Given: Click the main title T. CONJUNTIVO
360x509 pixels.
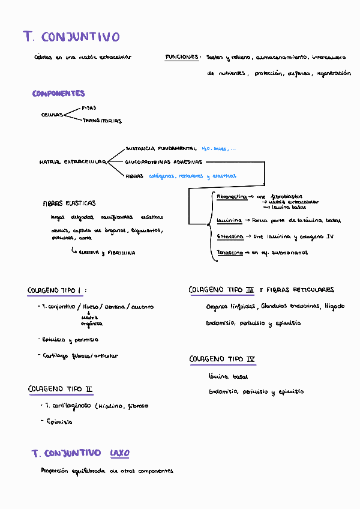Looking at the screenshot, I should pyautogui.click(x=71, y=37).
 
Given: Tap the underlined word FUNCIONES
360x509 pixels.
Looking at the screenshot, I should pyautogui.click(x=182, y=57).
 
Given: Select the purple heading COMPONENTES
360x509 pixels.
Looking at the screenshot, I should pyautogui.click(x=59, y=94).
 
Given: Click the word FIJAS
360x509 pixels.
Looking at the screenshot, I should pyautogui.click(x=89, y=108).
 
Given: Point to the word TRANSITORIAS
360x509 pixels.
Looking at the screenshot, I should pyautogui.click(x=102, y=121).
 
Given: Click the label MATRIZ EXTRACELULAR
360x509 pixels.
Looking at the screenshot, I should pyautogui.click(x=72, y=162).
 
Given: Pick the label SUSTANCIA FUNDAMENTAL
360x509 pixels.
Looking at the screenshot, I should pyautogui.click(x=161, y=148).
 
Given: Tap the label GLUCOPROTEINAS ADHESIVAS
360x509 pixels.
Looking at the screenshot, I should pyautogui.click(x=164, y=162).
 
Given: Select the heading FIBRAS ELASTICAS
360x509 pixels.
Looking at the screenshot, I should pyautogui.click(x=69, y=203).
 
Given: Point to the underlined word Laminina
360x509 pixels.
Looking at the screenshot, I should pyautogui.click(x=229, y=220).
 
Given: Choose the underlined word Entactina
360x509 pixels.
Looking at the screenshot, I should pyautogui.click(x=230, y=236).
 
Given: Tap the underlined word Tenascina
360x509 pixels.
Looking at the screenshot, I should pyautogui.click(x=230, y=253).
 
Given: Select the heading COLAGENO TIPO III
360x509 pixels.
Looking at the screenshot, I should pyautogui.click(x=221, y=290).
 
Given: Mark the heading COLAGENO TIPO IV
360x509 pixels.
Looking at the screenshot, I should pyautogui.click(x=222, y=360).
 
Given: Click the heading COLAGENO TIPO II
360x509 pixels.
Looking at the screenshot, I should pyautogui.click(x=60, y=389).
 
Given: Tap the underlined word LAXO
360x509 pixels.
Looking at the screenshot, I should pyautogui.click(x=119, y=453).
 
